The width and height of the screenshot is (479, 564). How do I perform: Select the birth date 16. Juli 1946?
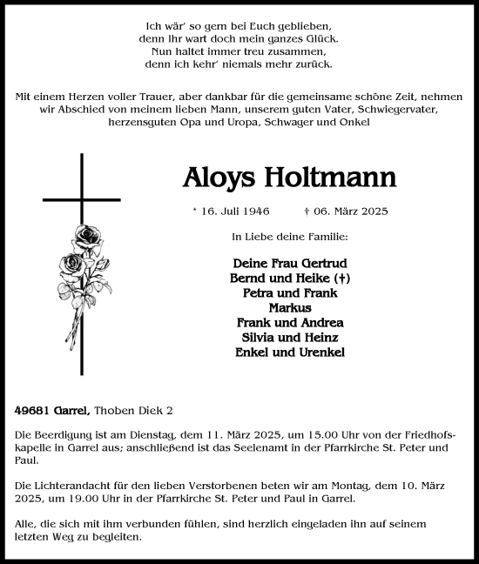point(231,211)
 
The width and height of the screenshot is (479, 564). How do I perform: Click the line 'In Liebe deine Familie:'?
point(290,236)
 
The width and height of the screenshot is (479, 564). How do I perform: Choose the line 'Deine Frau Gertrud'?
point(290,262)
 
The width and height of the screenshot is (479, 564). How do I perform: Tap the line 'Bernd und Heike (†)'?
point(290,277)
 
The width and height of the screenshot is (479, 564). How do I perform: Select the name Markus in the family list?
point(290,306)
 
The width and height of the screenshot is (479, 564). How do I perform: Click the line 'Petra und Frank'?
point(290,292)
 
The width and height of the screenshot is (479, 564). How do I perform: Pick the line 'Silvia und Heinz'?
point(290,337)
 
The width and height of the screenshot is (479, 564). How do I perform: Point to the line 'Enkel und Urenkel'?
point(290,352)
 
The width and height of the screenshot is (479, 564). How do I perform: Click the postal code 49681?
point(30,409)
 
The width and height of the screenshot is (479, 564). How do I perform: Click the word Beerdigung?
point(62,433)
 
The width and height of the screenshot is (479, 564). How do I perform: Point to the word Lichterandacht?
point(70,484)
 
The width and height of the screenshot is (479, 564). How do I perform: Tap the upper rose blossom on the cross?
point(87,236)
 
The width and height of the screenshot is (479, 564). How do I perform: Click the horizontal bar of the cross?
point(82,198)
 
